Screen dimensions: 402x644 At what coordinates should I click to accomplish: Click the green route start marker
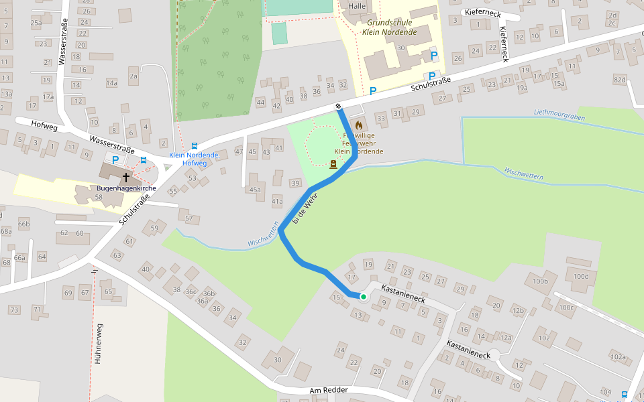(363, 296)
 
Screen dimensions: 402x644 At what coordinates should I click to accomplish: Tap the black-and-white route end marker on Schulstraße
(339, 107)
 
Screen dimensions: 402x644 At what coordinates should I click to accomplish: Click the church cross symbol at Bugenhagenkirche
(125, 178)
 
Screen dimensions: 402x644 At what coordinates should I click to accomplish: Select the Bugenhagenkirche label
(126, 188)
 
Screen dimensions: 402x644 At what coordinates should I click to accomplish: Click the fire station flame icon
(359, 125)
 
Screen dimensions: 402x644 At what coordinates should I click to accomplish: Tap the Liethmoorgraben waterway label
(559, 115)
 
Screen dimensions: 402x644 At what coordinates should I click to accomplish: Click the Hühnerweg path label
(98, 344)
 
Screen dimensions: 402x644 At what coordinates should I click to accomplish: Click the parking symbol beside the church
(115, 160)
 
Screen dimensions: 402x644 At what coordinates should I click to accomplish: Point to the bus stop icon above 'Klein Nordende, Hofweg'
(195, 145)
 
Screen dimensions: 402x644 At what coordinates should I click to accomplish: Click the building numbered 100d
(581, 275)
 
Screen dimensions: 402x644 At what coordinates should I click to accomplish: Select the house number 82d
(619, 80)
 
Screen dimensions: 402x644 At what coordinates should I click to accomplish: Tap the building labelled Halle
(356, 6)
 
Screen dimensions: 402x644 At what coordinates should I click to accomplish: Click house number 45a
(255, 190)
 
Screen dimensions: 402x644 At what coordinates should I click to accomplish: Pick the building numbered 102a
(618, 357)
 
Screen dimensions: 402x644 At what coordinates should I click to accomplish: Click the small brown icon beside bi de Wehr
(333, 164)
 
